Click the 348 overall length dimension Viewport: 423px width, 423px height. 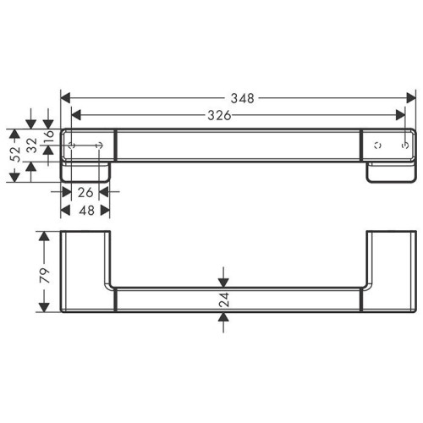click(242, 97)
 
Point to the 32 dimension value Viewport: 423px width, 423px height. click(31, 146)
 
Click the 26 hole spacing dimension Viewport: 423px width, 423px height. click(85, 193)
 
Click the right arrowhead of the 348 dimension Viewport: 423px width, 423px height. click(413, 97)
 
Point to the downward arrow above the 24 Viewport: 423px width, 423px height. click(224, 280)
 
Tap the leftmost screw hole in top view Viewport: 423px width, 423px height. click(74, 146)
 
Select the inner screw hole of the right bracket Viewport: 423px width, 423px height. click(376, 146)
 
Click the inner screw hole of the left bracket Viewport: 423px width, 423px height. click(102, 146)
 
